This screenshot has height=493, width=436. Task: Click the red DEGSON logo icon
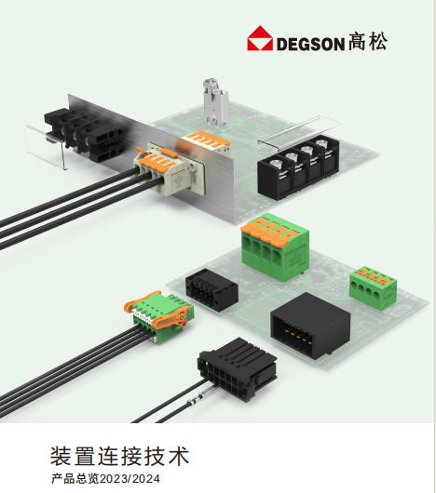tap(260, 38)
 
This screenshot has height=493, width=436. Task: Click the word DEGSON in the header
tap(310, 44)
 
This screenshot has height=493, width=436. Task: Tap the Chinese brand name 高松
tap(368, 41)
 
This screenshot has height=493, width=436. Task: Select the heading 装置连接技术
tap(119, 456)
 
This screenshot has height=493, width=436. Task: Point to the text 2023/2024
tap(130, 478)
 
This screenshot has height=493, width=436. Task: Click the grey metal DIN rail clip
tap(215, 102)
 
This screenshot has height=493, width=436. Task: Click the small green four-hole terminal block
tap(373, 287)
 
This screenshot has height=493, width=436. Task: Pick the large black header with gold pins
tap(310, 326)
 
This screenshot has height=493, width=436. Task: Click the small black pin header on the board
tap(211, 289)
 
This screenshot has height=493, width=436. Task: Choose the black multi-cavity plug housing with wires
tap(237, 368)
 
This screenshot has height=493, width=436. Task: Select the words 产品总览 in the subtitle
tap(75, 478)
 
